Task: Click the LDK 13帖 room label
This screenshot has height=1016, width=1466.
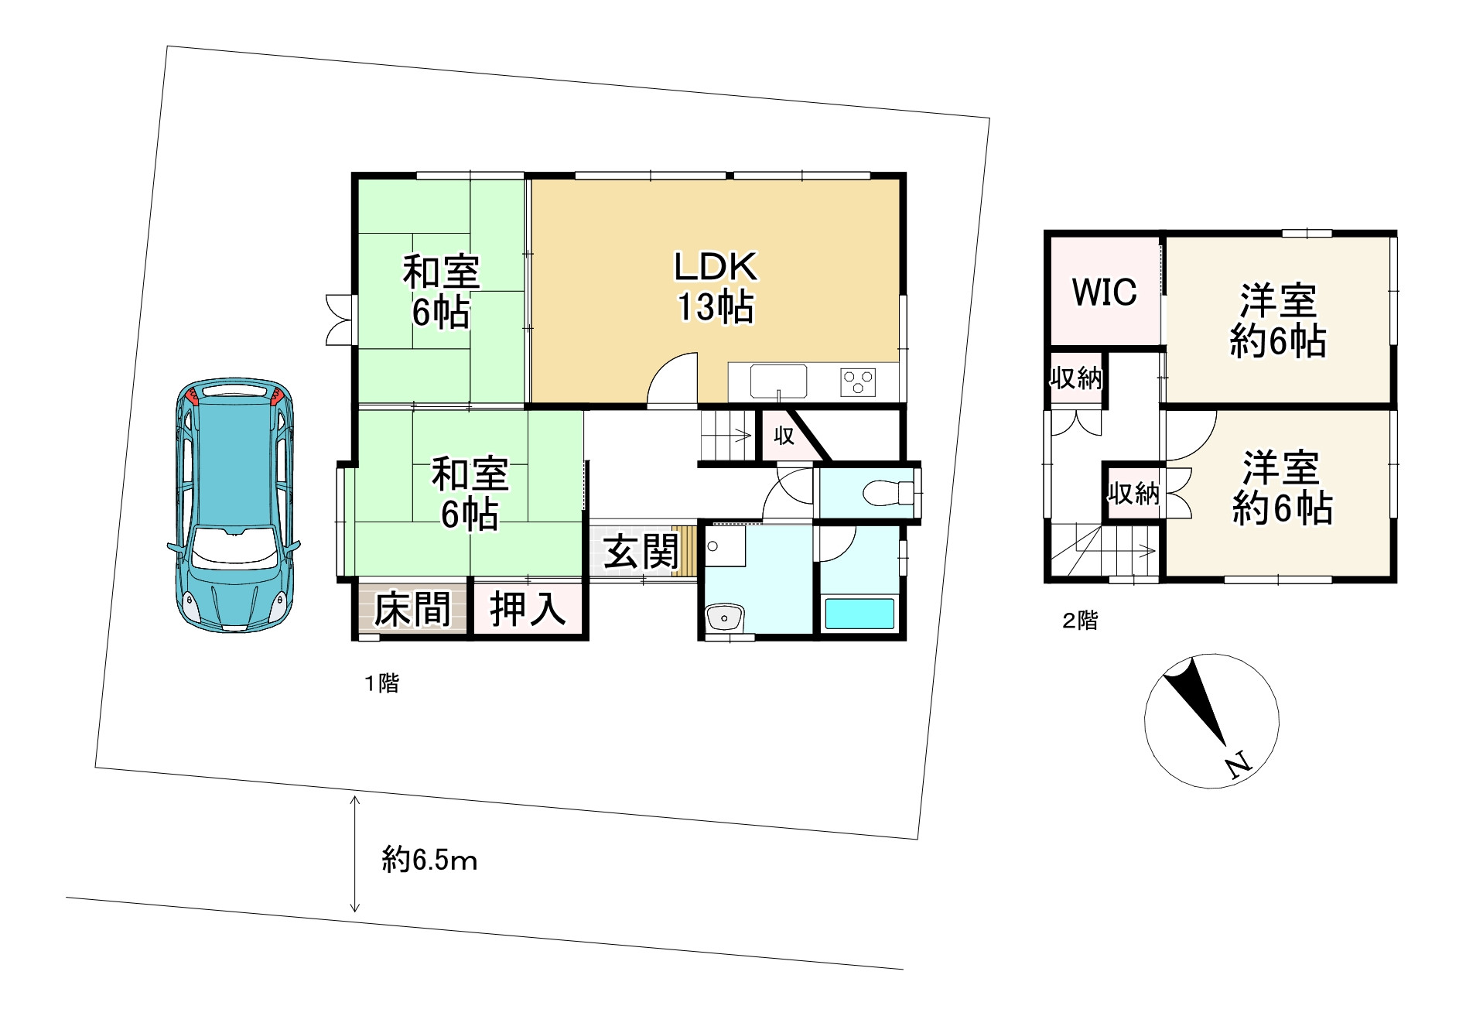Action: pos(715,287)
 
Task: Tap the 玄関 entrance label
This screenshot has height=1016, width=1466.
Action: pos(641,551)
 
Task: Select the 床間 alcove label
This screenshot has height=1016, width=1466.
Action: pos(412,610)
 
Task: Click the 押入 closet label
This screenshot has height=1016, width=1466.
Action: pos(528,609)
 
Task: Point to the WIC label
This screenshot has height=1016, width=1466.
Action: pos(1104,292)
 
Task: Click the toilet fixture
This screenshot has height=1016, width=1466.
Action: pos(887,492)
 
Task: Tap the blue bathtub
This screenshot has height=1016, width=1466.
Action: pos(859,614)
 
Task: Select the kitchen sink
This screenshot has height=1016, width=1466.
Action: pos(778,381)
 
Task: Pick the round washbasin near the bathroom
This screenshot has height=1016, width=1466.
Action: pos(725,617)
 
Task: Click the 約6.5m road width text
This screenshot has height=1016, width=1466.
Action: pos(429,860)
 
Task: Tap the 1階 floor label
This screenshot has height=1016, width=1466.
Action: pos(382,683)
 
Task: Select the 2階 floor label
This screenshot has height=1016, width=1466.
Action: pos(1080,621)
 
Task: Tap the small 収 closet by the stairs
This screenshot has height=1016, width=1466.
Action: pos(784,436)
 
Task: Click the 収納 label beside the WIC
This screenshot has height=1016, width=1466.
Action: pos(1076,378)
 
